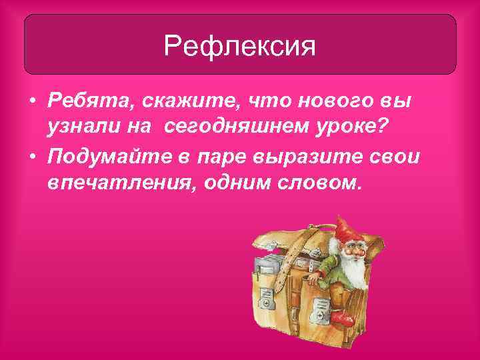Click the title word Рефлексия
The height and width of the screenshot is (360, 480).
click(239, 47)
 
